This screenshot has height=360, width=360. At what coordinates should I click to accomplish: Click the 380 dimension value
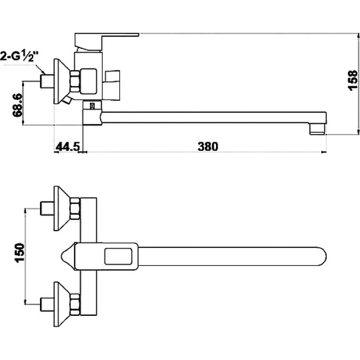click(x=208, y=147)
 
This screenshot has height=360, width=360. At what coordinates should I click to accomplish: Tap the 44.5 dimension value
click(x=68, y=147)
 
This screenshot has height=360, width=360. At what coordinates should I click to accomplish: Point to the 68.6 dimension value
click(x=18, y=105)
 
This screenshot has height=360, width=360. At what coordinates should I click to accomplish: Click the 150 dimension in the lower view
click(x=19, y=253)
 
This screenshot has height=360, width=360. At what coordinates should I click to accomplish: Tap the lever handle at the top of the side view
click(x=107, y=41)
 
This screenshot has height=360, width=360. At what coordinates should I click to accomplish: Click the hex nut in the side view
click(x=75, y=82)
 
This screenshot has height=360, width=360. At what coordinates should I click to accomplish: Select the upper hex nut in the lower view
click(x=75, y=208)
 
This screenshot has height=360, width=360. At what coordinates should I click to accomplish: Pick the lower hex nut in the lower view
click(x=75, y=304)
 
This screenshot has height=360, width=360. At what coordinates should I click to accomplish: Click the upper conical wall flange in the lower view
click(x=62, y=208)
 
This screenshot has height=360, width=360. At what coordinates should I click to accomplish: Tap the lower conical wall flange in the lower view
click(x=62, y=304)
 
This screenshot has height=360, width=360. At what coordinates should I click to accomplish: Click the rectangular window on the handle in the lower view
click(x=118, y=256)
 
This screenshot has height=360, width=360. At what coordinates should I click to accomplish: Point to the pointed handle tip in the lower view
click(x=62, y=256)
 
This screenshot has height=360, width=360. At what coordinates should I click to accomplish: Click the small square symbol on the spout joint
click(x=92, y=106)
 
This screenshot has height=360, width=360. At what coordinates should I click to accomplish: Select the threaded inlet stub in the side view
click(x=47, y=81)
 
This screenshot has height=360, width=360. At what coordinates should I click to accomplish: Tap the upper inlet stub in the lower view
click(x=47, y=208)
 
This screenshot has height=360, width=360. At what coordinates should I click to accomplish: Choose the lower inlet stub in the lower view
click(x=47, y=304)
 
